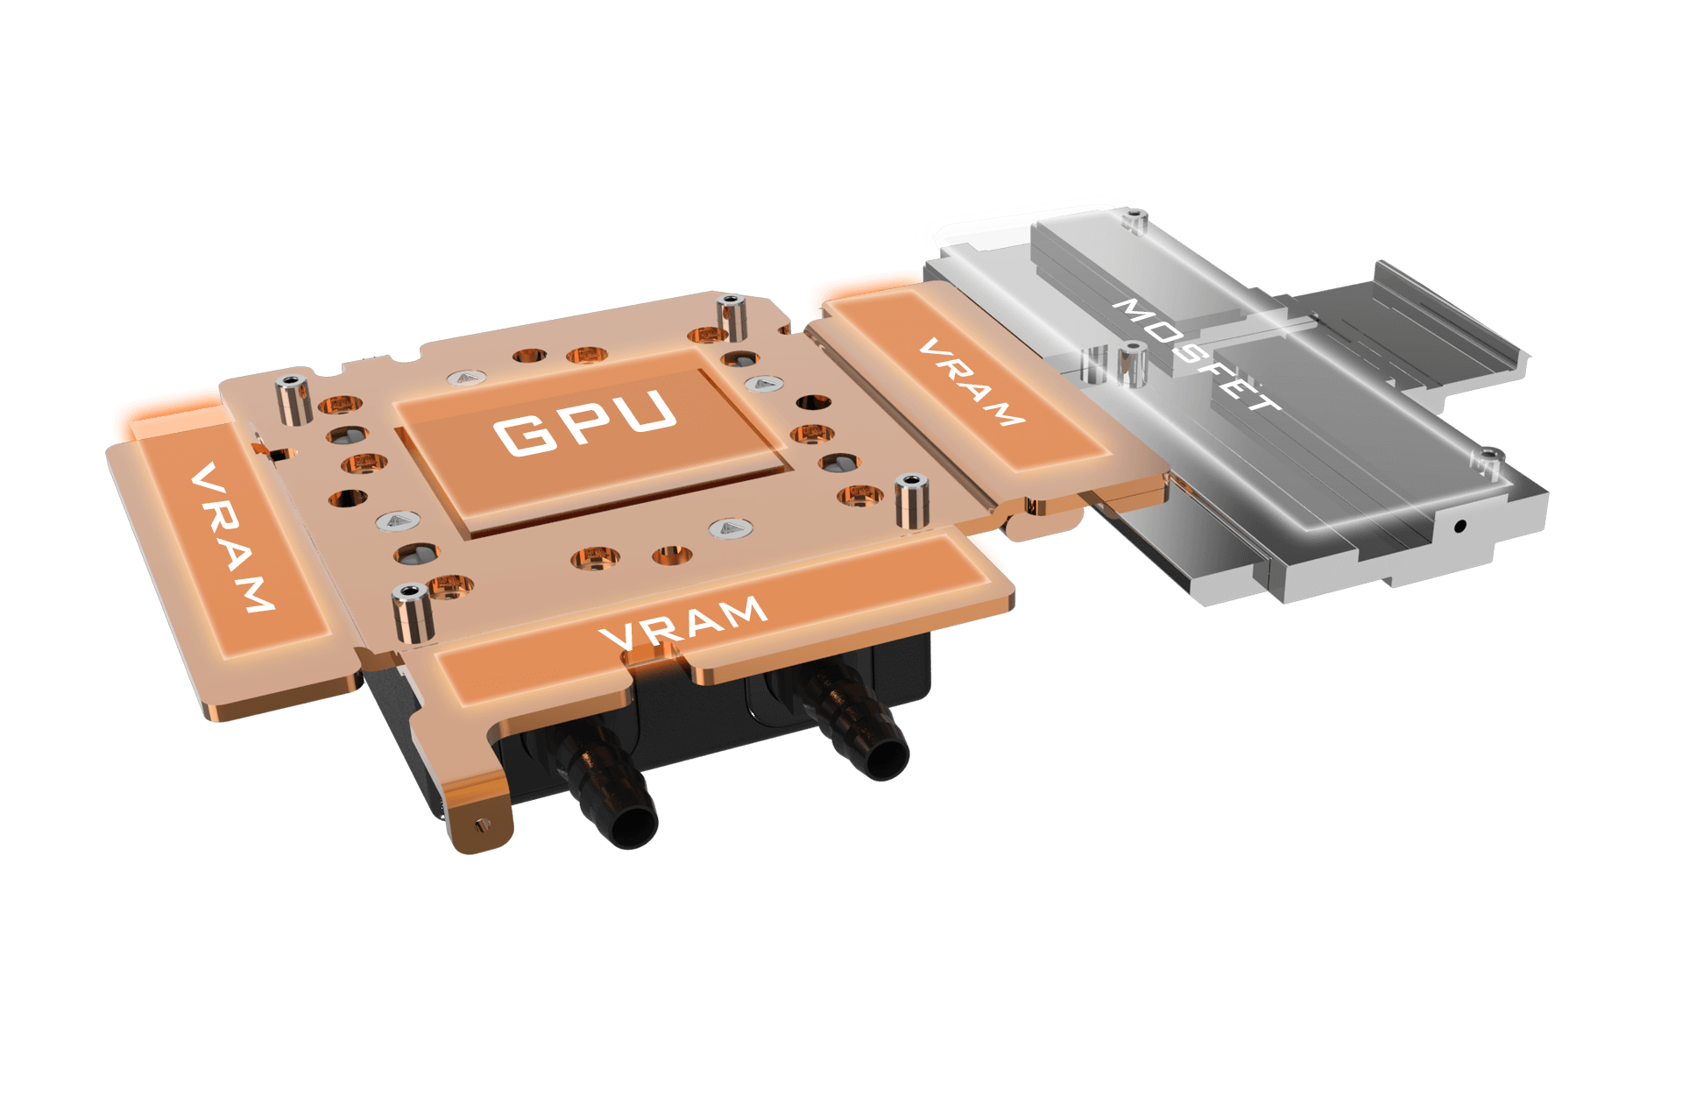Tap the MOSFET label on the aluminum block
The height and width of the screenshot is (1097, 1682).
click(x=1198, y=354)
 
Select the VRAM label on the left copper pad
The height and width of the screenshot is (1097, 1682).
click(x=232, y=537)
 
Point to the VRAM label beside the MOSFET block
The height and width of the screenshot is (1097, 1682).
click(x=972, y=382)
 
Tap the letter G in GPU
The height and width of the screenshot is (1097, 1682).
click(x=524, y=435)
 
